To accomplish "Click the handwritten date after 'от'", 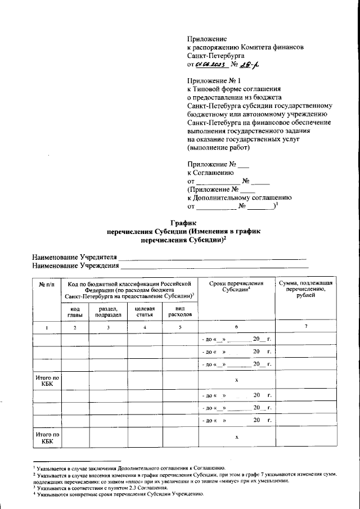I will click(210, 65).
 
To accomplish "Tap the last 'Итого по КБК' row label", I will click(47, 438).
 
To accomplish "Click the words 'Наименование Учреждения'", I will click(75, 265).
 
